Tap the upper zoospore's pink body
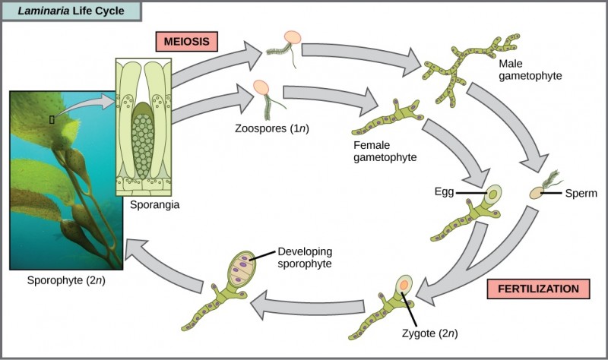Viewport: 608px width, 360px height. (292, 38)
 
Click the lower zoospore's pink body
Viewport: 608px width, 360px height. (261, 88)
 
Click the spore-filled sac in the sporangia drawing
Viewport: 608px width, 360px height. (144, 137)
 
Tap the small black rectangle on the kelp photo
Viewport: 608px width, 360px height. (51, 118)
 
